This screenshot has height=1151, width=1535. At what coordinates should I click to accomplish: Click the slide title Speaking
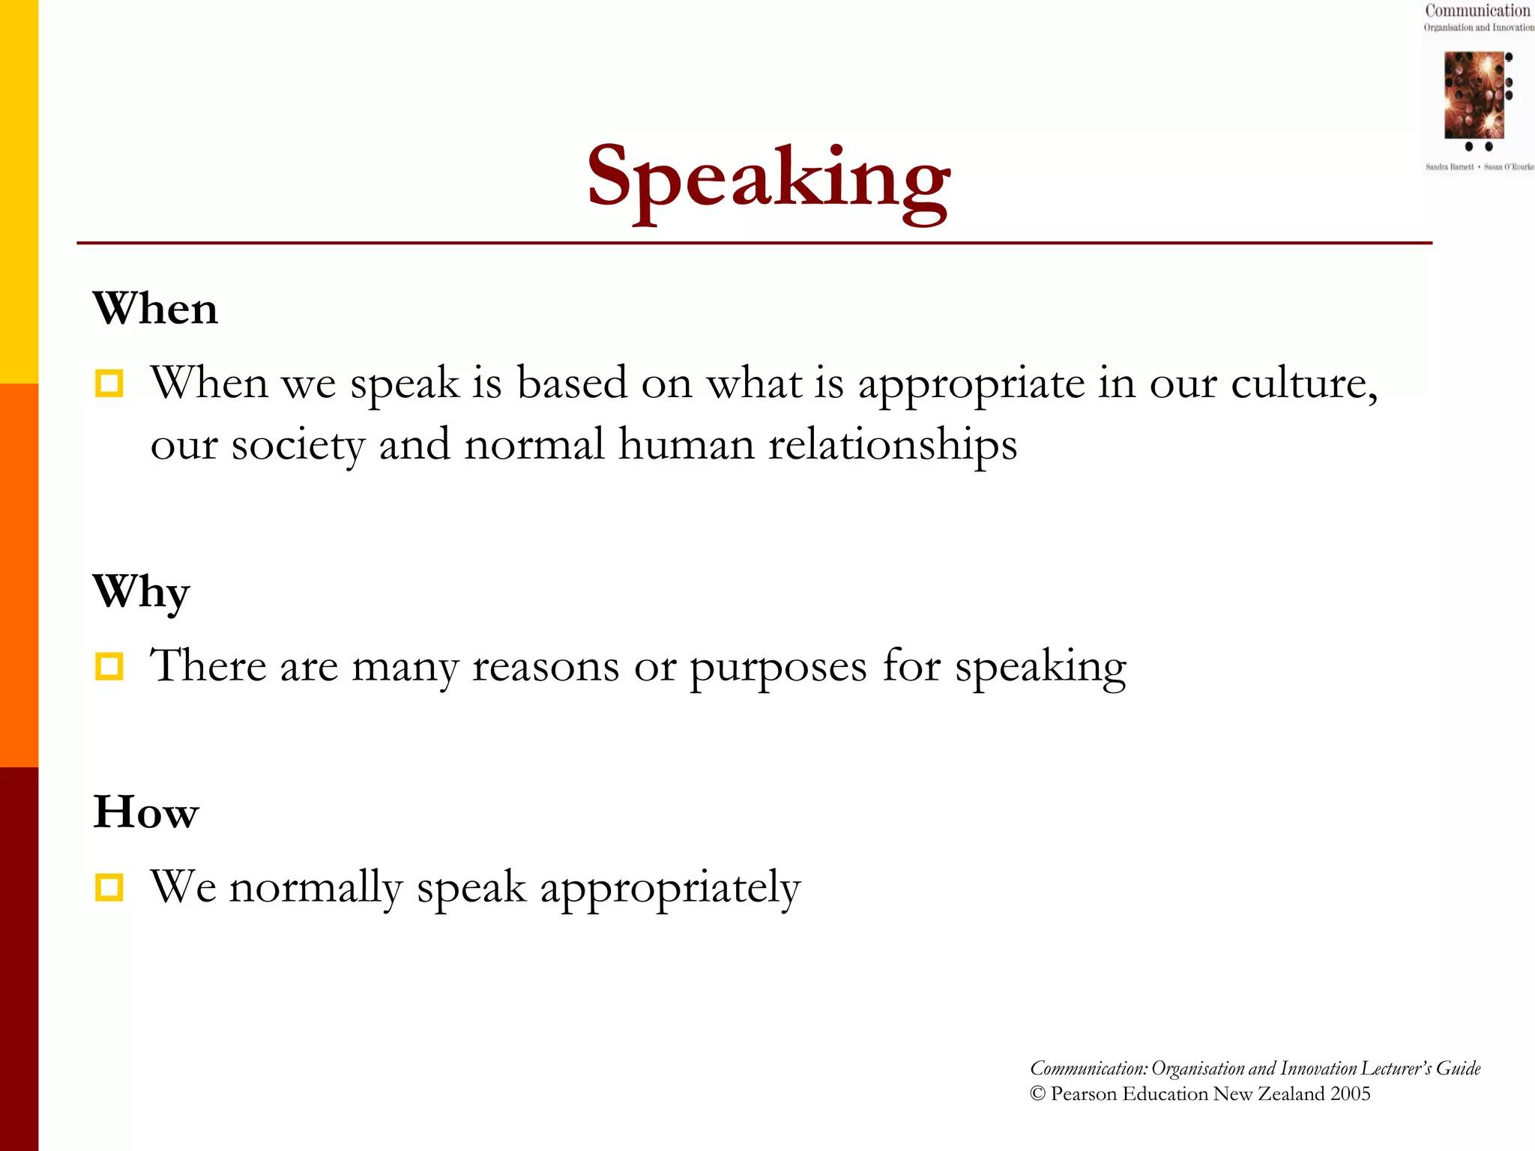768,180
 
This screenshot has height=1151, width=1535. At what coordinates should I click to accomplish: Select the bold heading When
155,308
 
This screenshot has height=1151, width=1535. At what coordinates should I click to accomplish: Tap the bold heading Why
142,592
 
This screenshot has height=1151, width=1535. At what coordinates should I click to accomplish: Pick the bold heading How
146,812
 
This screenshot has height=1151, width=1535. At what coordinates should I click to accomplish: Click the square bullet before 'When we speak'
109,384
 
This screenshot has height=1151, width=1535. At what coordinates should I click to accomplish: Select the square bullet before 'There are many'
109,665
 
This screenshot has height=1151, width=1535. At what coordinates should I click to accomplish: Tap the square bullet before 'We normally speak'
109,887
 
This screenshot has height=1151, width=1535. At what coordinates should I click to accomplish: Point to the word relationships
892,445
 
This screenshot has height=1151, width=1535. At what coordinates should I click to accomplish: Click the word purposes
777,667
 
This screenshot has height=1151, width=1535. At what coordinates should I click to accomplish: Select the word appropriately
670,889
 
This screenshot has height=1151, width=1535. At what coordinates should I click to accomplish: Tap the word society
298,445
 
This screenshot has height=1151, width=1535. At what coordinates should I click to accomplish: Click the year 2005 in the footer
1350,1094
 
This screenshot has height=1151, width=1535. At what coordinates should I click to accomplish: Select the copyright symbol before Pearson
1037,1094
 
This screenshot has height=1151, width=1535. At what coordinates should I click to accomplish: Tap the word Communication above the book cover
1477,10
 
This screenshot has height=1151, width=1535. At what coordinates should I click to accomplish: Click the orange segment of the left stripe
19,575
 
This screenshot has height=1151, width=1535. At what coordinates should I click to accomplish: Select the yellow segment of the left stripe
19,192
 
